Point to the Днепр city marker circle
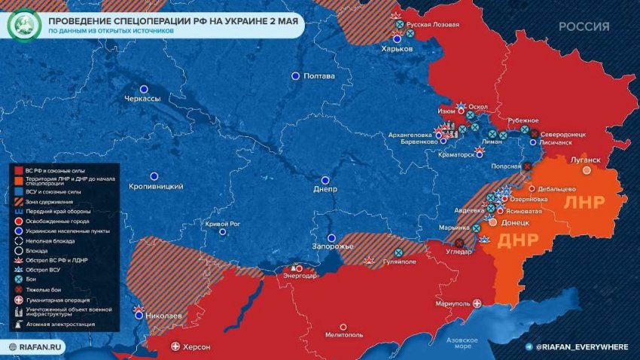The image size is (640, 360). click(x=325, y=180)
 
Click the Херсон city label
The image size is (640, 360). click(x=197, y=347)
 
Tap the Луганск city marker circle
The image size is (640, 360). click(x=587, y=170)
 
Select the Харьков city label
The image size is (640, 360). click(x=397, y=48)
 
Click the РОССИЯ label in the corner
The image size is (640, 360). click(x=584, y=26)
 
